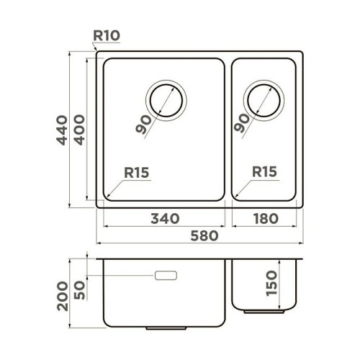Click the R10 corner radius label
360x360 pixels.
click(107, 34)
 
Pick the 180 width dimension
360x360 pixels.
click(262, 217)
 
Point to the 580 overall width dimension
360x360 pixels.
click(200, 235)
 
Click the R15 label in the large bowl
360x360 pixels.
click(137, 173)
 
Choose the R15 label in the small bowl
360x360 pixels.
click(265, 173)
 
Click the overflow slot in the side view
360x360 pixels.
click(166, 276)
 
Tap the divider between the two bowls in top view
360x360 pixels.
click(228, 130)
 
